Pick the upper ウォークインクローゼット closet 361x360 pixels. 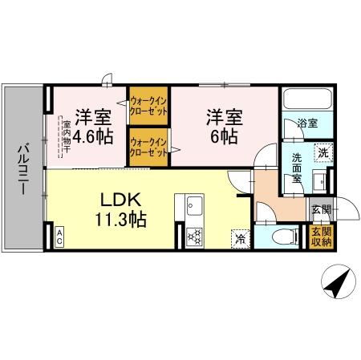[149, 105]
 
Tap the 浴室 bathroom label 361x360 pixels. [306, 124]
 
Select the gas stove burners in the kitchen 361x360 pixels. [195, 237]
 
